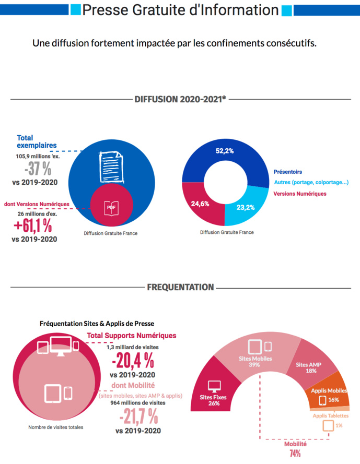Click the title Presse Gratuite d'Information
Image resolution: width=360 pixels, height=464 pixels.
tap(180, 10)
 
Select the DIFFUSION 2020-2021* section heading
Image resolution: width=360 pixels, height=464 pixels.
tap(180, 98)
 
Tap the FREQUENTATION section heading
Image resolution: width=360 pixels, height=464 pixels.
tap(180, 287)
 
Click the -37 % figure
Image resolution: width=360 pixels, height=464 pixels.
tap(38, 169)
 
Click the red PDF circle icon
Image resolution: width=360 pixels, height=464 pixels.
tap(111, 207)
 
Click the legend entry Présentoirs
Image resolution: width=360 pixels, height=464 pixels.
tap(287, 172)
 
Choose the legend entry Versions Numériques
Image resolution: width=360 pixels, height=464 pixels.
tap(300, 194)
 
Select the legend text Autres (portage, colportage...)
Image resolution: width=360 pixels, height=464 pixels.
tap(311, 183)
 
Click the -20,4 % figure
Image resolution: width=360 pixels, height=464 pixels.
tap(132, 360)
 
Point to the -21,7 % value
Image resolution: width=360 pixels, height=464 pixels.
tap(138, 417)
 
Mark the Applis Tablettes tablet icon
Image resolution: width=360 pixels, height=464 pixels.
tap(328, 425)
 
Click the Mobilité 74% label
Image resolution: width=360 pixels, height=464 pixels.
tap(295, 448)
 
